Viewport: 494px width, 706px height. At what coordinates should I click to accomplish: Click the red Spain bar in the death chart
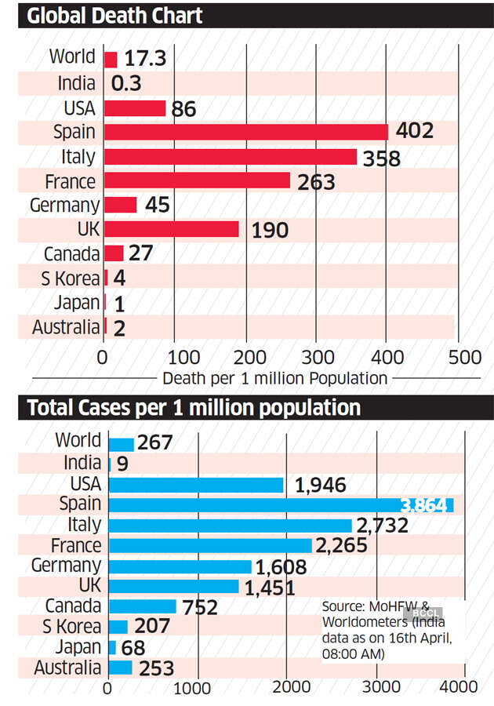(x=245, y=132)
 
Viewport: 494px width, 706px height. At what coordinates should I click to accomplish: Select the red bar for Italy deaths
(x=230, y=157)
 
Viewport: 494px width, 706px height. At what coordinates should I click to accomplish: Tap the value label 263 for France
(x=316, y=183)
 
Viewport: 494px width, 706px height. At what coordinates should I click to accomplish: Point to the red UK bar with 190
(x=171, y=229)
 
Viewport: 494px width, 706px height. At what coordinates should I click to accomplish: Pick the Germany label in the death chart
(x=64, y=206)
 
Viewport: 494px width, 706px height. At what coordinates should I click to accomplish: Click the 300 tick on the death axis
(x=315, y=357)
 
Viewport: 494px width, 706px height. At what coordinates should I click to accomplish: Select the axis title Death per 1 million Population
(x=274, y=378)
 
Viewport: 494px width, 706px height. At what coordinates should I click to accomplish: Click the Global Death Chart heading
(x=115, y=16)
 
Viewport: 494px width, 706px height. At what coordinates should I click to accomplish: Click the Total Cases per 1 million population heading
(x=194, y=408)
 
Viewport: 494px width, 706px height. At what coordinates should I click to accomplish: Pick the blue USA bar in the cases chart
(x=195, y=485)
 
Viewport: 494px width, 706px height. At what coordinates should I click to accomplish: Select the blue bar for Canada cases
(x=142, y=606)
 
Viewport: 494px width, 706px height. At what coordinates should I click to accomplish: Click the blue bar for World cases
(x=122, y=443)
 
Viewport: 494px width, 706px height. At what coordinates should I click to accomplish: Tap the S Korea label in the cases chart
(x=71, y=627)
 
